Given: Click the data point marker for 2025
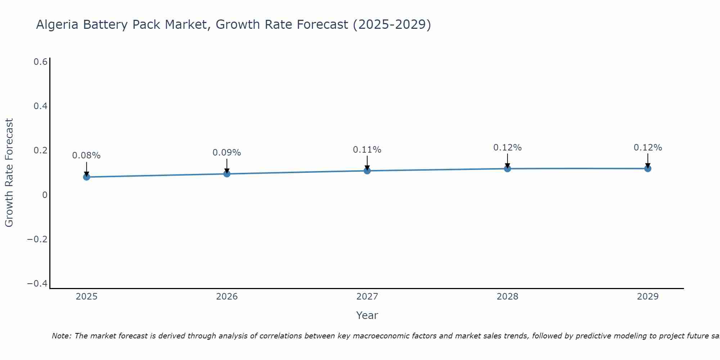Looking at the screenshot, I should point(86,177).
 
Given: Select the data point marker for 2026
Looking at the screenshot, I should point(227,174).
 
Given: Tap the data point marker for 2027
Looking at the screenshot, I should point(367,171).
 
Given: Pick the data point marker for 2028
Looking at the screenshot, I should point(508,168).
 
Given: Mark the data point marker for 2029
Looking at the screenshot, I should point(648,168).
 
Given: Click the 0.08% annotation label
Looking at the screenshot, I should point(86,156).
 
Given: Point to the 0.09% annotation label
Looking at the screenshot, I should point(227,153).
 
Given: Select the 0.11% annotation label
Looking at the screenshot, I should point(367,150).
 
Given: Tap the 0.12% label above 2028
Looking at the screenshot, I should point(508,148).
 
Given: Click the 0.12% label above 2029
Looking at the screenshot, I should point(648,148).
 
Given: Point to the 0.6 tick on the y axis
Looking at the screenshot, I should point(41,62).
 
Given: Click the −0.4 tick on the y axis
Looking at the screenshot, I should point(37,284).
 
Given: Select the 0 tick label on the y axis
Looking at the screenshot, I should point(45,195).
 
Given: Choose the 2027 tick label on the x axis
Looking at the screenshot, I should point(367,297).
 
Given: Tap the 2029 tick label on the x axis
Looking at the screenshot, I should point(648,297).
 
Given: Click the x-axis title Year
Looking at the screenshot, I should point(367,315).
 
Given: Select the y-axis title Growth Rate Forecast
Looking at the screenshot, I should point(9,173).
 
